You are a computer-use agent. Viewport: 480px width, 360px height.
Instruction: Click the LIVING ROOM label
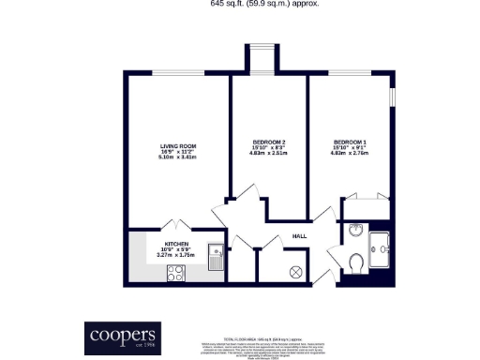click(177, 145)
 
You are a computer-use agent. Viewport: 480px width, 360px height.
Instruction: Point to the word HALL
click(300, 236)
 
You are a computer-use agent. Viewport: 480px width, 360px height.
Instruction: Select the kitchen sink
click(215, 252)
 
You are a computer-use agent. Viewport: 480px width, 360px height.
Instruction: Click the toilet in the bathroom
click(354, 262)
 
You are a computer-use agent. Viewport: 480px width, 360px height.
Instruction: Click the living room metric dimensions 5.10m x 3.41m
click(177, 157)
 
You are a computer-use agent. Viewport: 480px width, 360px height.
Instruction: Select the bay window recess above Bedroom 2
click(260, 58)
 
